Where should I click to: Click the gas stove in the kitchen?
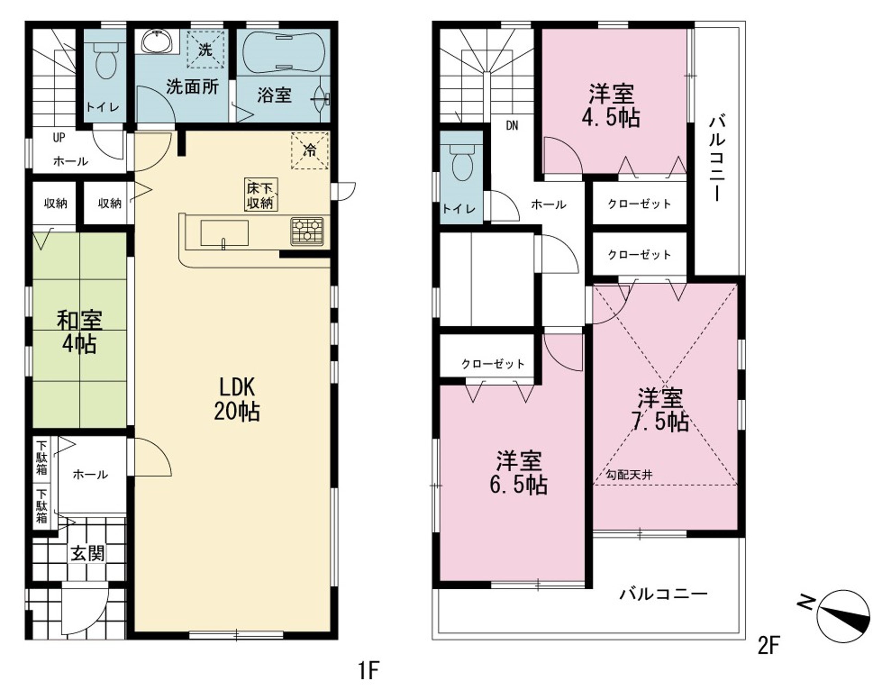click(x=307, y=231)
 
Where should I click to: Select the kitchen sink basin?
click(x=224, y=233)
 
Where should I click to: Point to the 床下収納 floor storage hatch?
click(x=261, y=195)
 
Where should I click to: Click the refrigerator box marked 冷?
click(x=310, y=150)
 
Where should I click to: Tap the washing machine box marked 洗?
click(x=205, y=49)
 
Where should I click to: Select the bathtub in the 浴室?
click(x=284, y=52)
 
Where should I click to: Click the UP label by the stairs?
click(x=59, y=137)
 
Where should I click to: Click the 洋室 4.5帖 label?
click(x=611, y=106)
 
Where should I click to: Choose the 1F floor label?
click(x=369, y=670)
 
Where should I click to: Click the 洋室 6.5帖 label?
click(x=519, y=473)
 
